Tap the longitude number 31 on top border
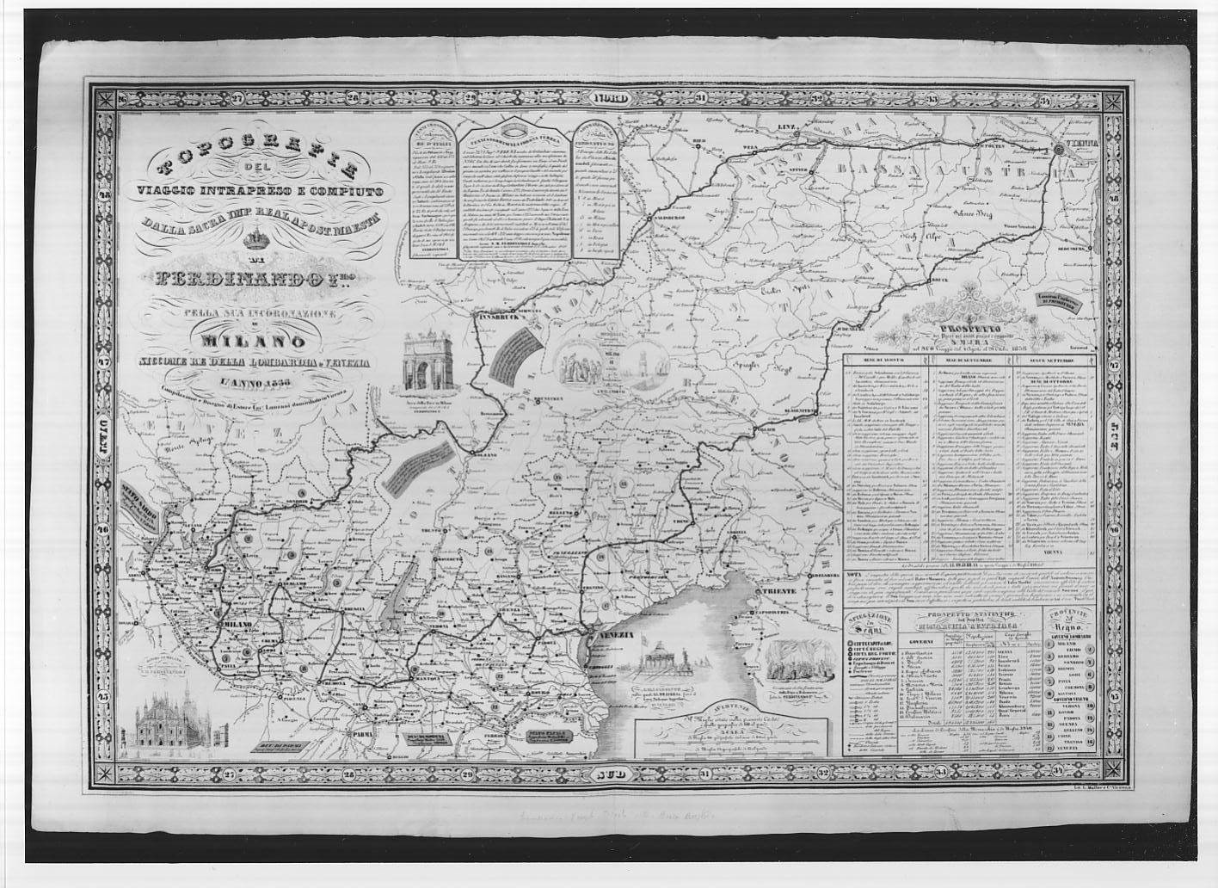[x=701, y=97]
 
